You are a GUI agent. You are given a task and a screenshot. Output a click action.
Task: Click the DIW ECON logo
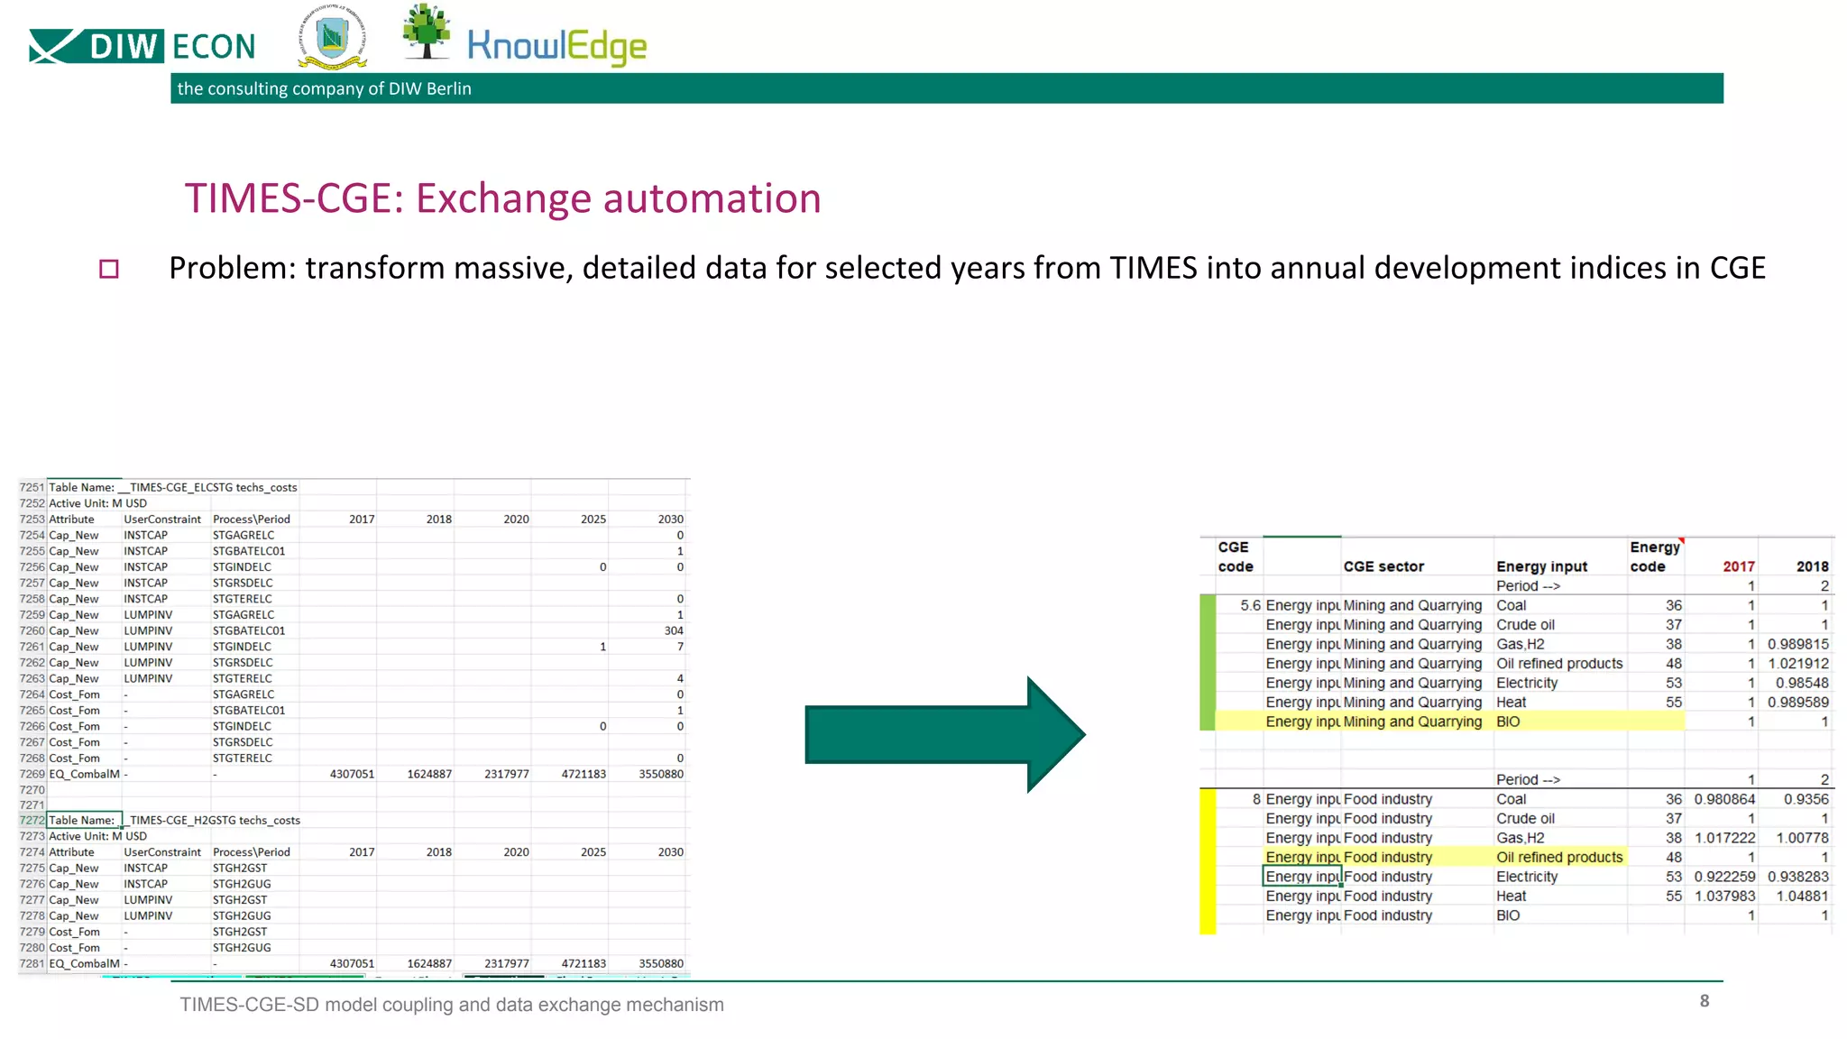[142, 46]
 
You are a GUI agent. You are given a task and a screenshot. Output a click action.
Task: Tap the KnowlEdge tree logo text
[556, 46]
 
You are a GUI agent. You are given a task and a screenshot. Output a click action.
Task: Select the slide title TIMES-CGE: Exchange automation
[502, 198]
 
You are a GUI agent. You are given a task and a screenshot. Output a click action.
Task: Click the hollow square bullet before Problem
[109, 269]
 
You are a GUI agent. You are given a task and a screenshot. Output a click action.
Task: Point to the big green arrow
[943, 734]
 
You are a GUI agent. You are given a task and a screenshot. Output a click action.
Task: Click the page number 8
[1704, 1000]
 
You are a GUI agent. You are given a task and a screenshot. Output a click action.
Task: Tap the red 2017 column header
[1738, 566]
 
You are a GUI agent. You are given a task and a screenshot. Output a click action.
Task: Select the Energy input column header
[1541, 566]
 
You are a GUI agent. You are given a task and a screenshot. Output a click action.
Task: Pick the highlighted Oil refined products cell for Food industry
[1559, 857]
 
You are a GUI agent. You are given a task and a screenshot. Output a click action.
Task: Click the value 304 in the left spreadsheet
[673, 630]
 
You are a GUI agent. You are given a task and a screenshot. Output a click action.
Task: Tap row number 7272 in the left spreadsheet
[32, 820]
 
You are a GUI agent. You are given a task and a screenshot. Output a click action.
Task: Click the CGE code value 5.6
[1250, 605]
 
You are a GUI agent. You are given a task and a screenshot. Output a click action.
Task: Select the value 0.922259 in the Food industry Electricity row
[1724, 877]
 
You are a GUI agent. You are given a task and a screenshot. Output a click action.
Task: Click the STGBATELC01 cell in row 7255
[249, 551]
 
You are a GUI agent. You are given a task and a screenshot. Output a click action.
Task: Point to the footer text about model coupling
[451, 1005]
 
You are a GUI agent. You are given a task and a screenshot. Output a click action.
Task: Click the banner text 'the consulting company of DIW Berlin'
[324, 88]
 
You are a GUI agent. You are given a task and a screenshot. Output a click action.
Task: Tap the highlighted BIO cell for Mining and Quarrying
[1508, 722]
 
